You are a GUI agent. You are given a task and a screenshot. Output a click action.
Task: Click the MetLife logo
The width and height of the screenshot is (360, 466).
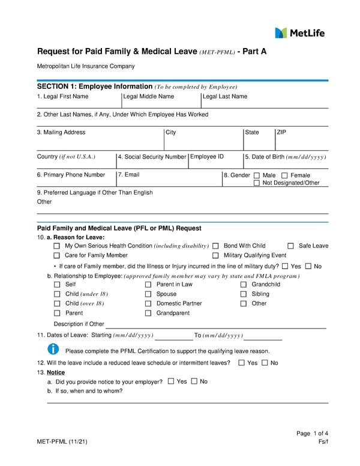[x=299, y=32]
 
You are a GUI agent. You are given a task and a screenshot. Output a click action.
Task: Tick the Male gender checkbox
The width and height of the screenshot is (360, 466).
[x=257, y=175]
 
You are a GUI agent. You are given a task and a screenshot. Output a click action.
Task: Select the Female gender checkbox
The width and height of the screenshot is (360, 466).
[x=284, y=175]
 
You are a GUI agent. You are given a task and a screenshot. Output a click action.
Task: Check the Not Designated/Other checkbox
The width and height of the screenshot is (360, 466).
[x=257, y=183]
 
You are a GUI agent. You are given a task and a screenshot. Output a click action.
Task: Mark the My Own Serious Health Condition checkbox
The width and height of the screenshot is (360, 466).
[x=57, y=246]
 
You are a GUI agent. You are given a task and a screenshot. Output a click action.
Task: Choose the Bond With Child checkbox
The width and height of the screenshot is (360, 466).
[x=215, y=246]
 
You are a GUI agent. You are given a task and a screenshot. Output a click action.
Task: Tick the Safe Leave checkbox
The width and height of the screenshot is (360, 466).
[x=290, y=246]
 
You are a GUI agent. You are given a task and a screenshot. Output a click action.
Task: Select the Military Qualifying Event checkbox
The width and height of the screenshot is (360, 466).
[x=215, y=256]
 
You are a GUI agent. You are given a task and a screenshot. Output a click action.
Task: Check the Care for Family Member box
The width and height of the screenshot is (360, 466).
[x=57, y=256]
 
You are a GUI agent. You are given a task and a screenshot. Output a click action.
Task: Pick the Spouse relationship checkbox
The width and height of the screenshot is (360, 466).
[x=148, y=294]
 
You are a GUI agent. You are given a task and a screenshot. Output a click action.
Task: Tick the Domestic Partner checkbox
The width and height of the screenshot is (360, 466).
[x=148, y=304]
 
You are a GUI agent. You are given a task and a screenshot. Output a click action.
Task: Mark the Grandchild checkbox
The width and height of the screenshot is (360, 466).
[x=244, y=285]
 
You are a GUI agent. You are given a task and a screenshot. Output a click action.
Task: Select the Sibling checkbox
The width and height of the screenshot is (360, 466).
[x=244, y=294]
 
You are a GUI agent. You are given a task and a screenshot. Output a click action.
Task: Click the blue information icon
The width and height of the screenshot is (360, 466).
[x=53, y=349]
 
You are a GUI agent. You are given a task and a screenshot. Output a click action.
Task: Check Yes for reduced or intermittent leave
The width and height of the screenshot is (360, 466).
[x=241, y=363]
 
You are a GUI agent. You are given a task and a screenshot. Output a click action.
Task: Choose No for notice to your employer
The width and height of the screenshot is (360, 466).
[x=194, y=381]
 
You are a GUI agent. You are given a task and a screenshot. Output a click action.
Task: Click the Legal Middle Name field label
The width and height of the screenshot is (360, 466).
[x=148, y=96]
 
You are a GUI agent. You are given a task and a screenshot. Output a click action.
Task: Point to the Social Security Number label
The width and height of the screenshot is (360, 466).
[x=152, y=157]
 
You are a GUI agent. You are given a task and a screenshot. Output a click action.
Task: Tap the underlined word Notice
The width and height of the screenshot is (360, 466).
[x=55, y=372]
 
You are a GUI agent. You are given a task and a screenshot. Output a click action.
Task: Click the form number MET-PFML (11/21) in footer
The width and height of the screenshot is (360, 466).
[x=63, y=442]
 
